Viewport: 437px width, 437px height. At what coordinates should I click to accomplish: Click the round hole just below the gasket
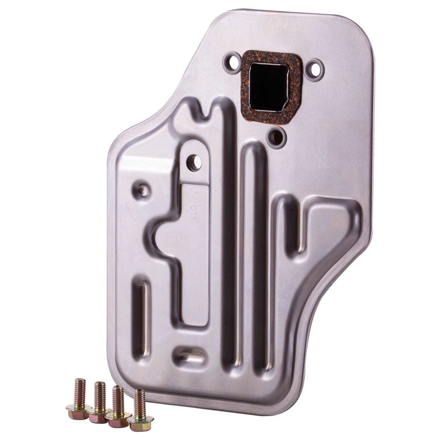[276, 135]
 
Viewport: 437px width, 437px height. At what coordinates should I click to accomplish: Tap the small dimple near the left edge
[142, 189]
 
